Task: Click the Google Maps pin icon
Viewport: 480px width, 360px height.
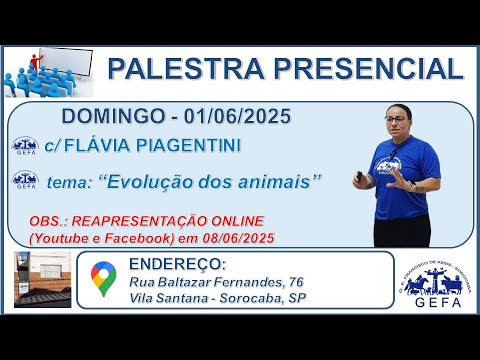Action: point(102,279)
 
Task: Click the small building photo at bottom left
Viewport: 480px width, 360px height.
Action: point(43,280)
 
